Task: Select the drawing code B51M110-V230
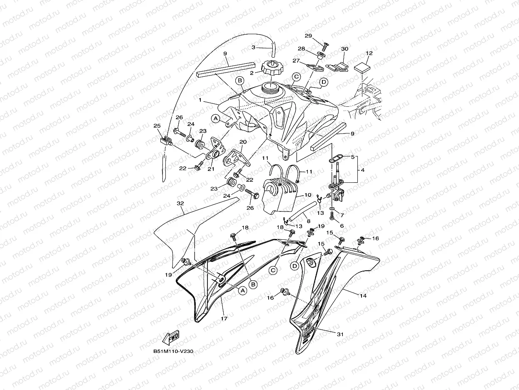[173, 352]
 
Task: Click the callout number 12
[369, 53]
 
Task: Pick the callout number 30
[344, 49]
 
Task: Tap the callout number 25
[157, 126]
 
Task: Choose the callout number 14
[363, 295]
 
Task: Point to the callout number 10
[308, 195]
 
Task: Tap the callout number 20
[243, 142]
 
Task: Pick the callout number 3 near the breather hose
[254, 48]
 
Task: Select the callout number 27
[296, 61]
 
